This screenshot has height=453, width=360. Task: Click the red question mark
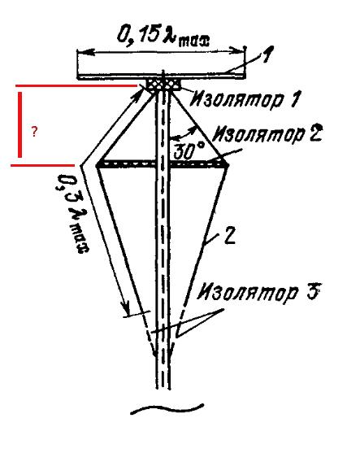(34, 132)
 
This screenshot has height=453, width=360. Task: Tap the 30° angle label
(189, 150)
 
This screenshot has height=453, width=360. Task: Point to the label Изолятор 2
(267, 133)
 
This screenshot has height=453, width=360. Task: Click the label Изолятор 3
(258, 293)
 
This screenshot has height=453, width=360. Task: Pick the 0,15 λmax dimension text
(163, 36)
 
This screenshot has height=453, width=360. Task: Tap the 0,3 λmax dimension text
(72, 214)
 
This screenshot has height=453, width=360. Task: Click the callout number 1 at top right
(267, 54)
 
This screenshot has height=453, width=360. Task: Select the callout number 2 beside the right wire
(230, 236)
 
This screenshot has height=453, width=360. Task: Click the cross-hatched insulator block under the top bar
(163, 85)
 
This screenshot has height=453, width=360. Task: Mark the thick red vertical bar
(20, 124)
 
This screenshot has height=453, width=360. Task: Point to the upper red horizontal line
(76, 86)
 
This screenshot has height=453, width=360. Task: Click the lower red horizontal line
(42, 166)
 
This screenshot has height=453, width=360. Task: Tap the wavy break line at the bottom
(167, 408)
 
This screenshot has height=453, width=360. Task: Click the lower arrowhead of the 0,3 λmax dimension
(126, 310)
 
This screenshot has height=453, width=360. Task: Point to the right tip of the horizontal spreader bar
(228, 165)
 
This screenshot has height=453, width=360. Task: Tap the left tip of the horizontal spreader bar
(96, 165)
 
